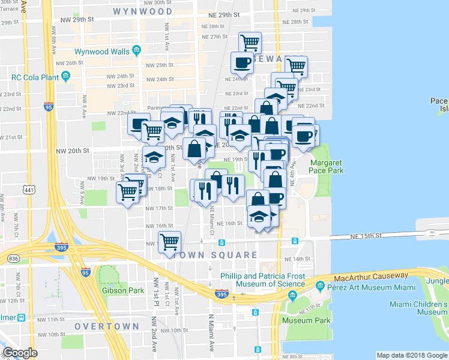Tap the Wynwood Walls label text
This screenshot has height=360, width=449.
102,52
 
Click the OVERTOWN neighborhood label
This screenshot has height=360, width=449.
107,326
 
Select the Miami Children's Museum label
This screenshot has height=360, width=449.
418,308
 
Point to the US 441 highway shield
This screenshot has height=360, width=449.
28,190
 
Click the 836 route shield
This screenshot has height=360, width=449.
13,259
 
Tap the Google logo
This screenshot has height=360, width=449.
20,353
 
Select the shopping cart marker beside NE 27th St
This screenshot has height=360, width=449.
250,42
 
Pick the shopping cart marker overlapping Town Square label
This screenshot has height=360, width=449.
170,242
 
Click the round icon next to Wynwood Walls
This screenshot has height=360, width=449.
137,50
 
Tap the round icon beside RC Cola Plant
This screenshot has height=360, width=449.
66,76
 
